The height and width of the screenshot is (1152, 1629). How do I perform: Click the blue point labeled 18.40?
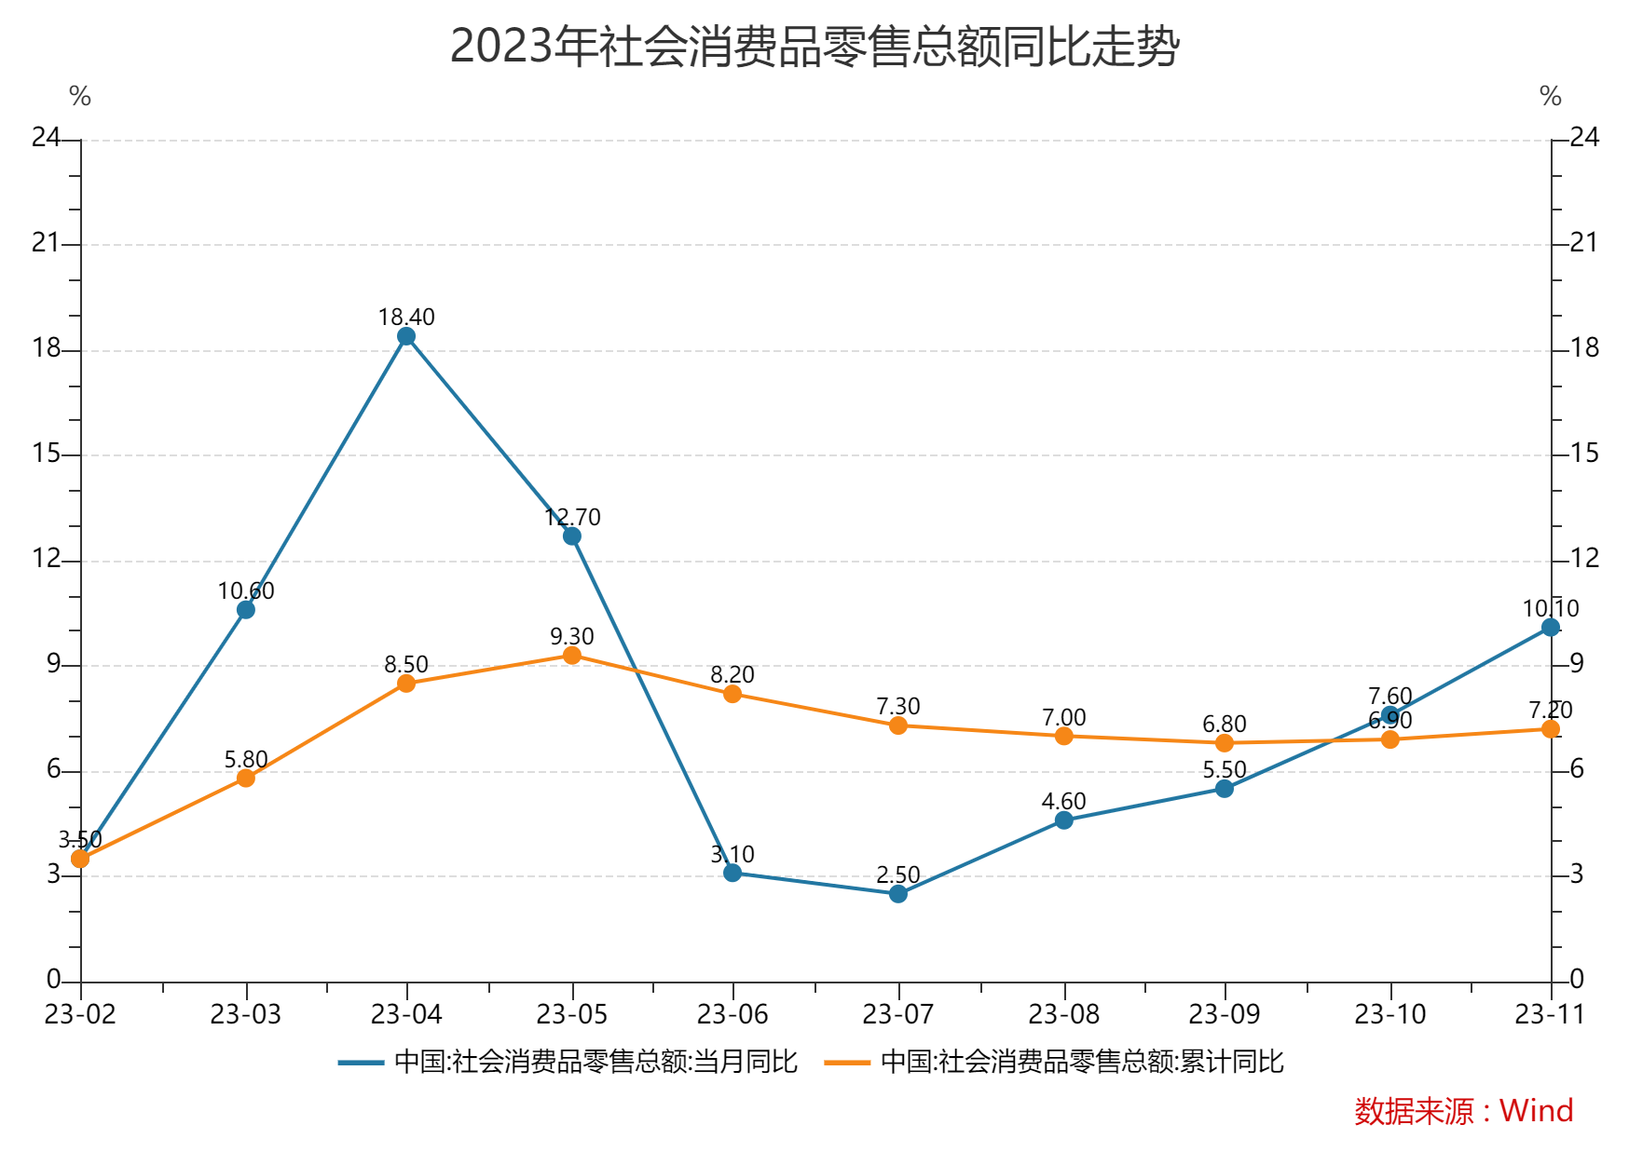coord(406,336)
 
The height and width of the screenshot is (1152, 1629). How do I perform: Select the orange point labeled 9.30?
coord(572,656)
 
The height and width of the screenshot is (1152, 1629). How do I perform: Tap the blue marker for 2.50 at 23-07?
coord(898,894)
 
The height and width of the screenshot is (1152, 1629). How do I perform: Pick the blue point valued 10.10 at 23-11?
coord(1551,628)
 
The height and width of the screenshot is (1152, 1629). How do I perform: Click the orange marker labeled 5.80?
coord(246,778)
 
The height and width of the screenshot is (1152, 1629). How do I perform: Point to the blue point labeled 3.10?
coord(732,873)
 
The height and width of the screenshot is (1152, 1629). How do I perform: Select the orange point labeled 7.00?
coord(1064,736)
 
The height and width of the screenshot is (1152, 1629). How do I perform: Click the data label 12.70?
coord(572,517)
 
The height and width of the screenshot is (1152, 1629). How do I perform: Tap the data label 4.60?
coord(1063,801)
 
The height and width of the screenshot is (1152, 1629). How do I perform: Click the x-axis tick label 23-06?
coord(732,1014)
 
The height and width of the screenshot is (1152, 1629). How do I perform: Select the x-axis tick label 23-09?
coord(1225,1014)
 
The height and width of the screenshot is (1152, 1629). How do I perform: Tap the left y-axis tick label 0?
coord(53,979)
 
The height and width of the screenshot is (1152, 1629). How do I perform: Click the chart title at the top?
coord(814,47)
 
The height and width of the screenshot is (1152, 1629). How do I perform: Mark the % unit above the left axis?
coord(80,96)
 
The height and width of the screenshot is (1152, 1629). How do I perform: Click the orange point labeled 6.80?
coord(1225,743)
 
